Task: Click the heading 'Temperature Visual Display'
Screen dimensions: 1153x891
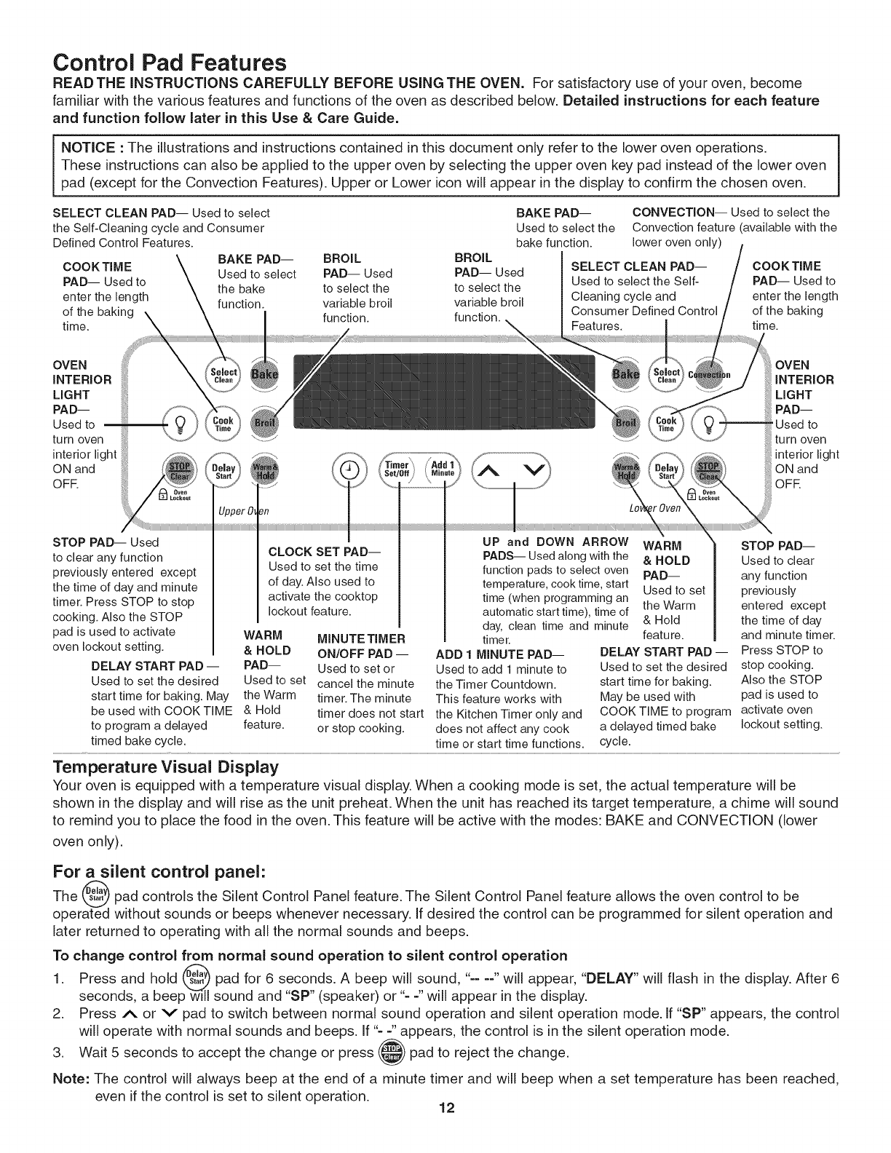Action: pyautogui.click(x=166, y=767)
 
